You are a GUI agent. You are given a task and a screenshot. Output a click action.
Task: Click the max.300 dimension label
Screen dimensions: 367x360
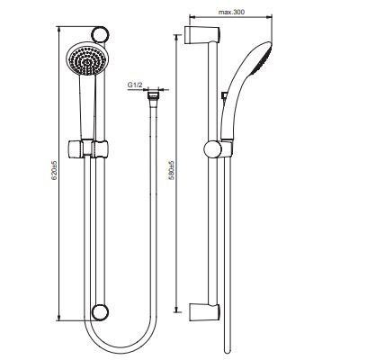coord(231,13)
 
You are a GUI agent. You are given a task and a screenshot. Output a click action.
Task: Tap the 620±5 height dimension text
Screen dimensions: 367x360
coord(54,171)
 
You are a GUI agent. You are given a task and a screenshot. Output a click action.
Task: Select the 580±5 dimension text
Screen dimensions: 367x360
coord(171,171)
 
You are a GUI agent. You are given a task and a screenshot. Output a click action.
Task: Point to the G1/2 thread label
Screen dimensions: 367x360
coord(135,85)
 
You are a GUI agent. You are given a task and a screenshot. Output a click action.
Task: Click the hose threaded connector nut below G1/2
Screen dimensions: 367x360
coord(153,95)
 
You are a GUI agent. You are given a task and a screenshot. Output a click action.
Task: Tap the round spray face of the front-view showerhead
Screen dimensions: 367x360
coord(85,61)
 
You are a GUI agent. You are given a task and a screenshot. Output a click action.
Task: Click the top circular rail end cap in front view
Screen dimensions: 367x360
coord(100,35)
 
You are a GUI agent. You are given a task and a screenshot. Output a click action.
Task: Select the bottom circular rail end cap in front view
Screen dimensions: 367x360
coord(100,312)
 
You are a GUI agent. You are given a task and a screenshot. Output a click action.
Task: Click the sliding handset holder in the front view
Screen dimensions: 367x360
coord(87,148)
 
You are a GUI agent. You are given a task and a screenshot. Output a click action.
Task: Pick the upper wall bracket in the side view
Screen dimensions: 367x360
coord(202,35)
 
